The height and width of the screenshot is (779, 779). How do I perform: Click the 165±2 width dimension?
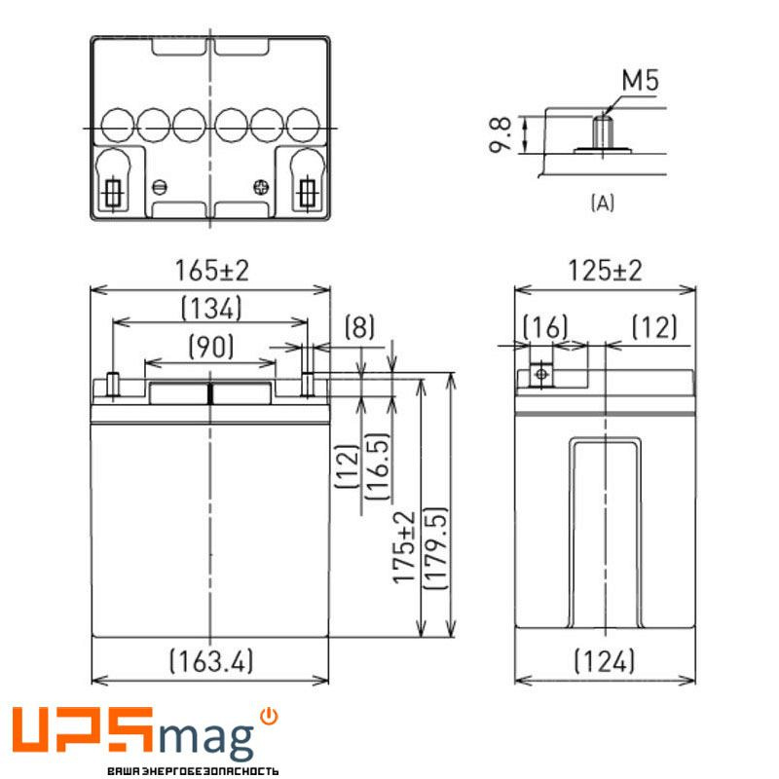pos(210,271)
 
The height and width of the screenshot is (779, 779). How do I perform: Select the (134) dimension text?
pos(210,310)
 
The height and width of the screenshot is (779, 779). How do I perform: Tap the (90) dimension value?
pos(210,346)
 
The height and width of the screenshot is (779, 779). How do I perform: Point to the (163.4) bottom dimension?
pos(211,662)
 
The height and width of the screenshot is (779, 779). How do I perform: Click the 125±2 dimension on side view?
pos(605,271)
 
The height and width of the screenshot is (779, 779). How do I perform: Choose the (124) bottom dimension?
pos(605,662)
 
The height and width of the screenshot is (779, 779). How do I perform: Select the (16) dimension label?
pos(545,327)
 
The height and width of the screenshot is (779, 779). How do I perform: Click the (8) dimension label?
pos(360,327)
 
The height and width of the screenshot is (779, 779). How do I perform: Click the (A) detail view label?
pos(603,203)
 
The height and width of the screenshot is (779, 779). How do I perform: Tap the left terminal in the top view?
pos(113,192)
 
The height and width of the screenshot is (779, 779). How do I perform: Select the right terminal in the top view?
pos(309,192)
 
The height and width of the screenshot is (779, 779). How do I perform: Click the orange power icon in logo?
pos(270,717)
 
